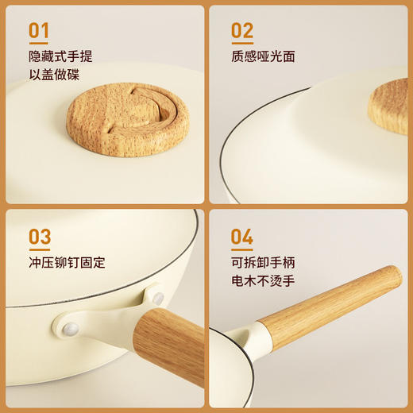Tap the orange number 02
pos(242,30)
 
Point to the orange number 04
pos(242,237)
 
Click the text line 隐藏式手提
pos(60,57)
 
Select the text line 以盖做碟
pos(54,75)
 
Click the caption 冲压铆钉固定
pos(67,262)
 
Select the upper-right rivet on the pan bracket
pos(158,298)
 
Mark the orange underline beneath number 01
pos(39,44)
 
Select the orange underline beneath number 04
pos(242,249)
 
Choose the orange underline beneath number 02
pos(242,44)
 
